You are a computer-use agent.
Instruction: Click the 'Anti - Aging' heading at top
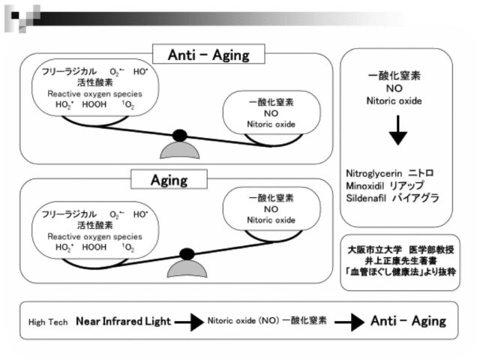208,55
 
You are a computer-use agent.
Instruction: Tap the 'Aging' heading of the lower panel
169,180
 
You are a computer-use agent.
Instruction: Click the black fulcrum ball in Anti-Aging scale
179,136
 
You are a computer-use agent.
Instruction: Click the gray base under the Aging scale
185,268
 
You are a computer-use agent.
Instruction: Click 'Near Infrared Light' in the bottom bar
122,322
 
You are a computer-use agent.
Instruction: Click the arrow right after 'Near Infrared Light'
188,322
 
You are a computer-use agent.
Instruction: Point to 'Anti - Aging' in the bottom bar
408,321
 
